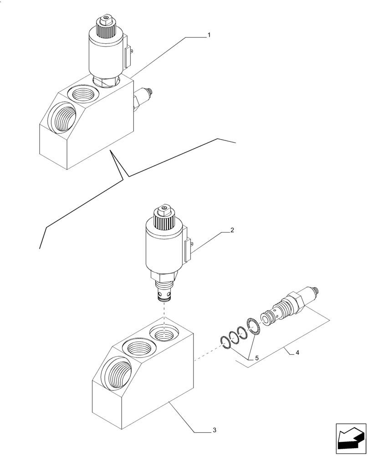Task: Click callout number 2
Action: point(232,230)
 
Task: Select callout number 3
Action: point(214,430)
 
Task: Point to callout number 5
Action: point(256,358)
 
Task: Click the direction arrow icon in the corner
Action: point(351,440)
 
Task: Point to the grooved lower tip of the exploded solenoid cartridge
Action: point(163,296)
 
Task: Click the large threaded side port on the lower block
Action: point(112,370)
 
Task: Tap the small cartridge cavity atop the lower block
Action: point(164,334)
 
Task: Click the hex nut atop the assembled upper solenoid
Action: point(106,21)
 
